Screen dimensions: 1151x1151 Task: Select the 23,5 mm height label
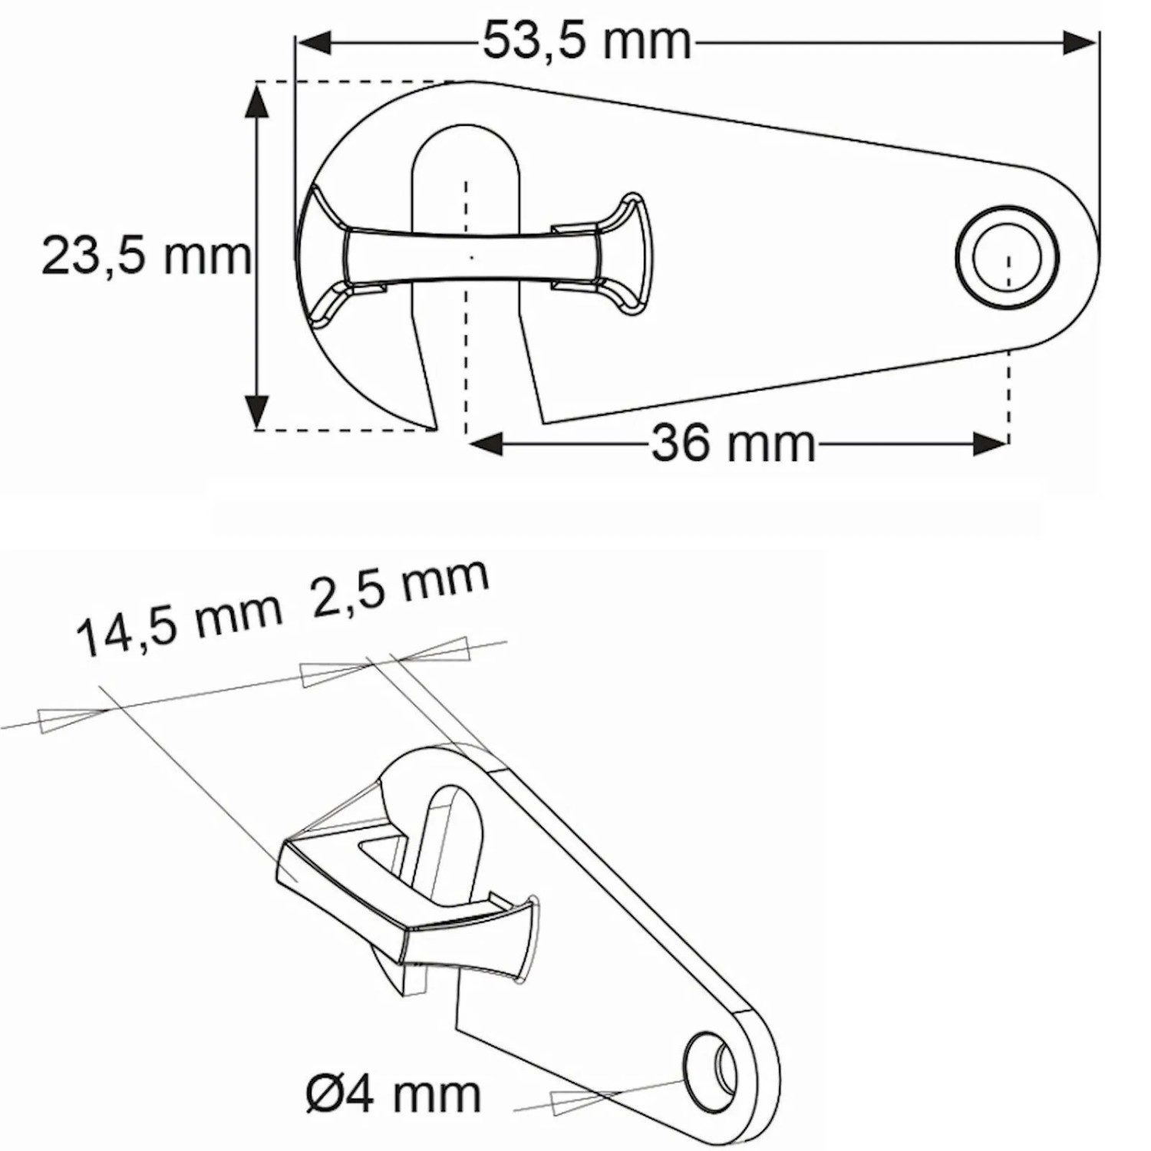point(146,256)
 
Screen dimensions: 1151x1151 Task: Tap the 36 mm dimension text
point(733,444)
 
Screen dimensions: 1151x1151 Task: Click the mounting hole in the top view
point(1007,257)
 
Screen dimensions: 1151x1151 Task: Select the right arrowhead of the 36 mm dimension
point(990,444)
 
